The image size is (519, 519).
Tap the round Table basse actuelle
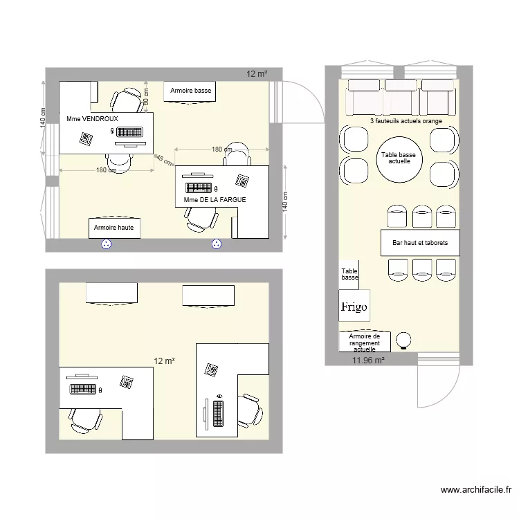[395, 161]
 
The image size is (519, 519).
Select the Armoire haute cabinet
[114, 227]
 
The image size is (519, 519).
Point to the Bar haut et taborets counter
[420, 243]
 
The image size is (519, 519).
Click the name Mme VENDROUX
[92, 119]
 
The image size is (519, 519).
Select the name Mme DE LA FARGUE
[215, 200]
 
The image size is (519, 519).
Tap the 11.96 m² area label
[369, 360]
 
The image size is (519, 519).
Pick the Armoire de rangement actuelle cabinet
[364, 341]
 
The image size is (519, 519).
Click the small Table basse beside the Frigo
[349, 274]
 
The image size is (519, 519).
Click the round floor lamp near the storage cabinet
[403, 340]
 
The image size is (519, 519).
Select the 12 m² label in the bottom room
[164, 361]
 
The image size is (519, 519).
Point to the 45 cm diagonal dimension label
[164, 160]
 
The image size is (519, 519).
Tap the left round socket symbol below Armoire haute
[107, 244]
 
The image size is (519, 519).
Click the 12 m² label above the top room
[257, 73]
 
